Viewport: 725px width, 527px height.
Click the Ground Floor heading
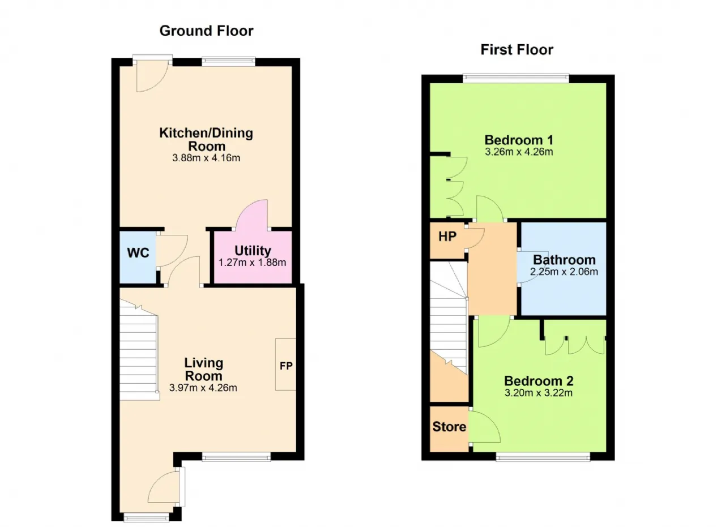pyautogui.click(x=206, y=31)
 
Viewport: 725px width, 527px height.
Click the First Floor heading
pyautogui.click(x=517, y=50)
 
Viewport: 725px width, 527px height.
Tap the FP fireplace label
pyautogui.click(x=286, y=366)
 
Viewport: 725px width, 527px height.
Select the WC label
pyautogui.click(x=138, y=252)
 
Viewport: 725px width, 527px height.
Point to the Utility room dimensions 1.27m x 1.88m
pyautogui.click(x=252, y=262)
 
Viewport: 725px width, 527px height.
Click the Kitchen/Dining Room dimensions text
pyautogui.click(x=206, y=158)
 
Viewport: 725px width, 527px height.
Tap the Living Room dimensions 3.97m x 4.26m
pyautogui.click(x=203, y=388)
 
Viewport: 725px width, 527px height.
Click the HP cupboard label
pyautogui.click(x=447, y=237)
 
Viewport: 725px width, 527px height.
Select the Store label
pyautogui.click(x=449, y=427)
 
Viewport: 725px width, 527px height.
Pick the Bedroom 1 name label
pyautogui.click(x=519, y=140)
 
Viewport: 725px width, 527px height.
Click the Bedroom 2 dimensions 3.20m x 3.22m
pyautogui.click(x=539, y=393)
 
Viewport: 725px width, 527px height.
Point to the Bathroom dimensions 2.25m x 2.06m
pyautogui.click(x=564, y=272)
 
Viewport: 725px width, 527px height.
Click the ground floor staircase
pyautogui.click(x=139, y=351)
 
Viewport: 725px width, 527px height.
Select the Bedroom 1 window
pyautogui.click(x=516, y=77)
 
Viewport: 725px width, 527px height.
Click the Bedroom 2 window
pyautogui.click(x=543, y=457)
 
